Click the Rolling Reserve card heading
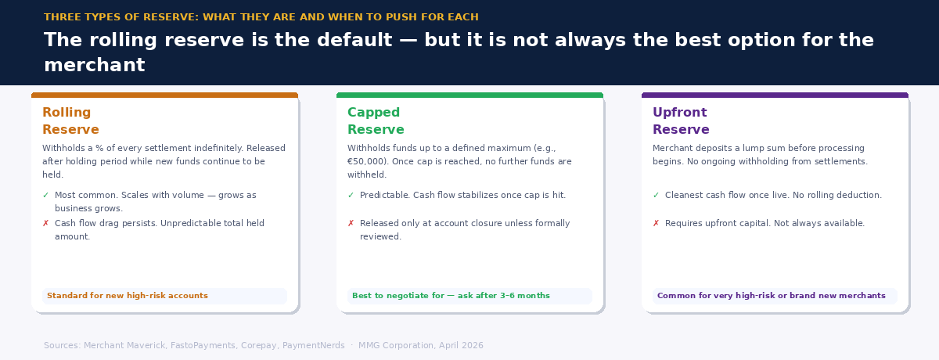(70, 121)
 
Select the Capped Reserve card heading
(376, 121)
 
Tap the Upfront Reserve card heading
(681, 121)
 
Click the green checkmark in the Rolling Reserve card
(45, 196)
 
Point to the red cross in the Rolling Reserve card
(45, 224)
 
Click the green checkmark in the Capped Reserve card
(351, 196)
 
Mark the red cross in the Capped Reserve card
(351, 224)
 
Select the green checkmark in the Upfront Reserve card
(656, 196)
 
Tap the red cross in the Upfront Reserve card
(656, 224)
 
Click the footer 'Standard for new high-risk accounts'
(128, 296)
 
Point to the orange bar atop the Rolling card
(164, 95)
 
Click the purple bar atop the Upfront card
(775, 95)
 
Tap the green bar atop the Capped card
(469, 95)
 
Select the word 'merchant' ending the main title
(94, 66)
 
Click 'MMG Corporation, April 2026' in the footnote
(421, 346)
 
